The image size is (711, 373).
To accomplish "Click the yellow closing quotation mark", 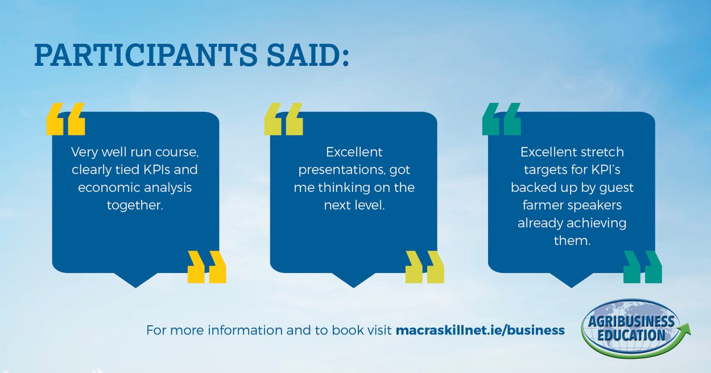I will coord(207,267).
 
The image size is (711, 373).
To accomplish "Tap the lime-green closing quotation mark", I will coord(425,267).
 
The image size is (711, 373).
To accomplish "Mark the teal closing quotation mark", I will coord(643,267).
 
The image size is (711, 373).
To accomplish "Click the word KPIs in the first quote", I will coord(156,170).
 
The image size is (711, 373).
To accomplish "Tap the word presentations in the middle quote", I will coord(337,170).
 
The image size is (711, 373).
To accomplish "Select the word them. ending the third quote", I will coord(571,242).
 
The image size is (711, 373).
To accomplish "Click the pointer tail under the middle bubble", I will coord(354,279).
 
